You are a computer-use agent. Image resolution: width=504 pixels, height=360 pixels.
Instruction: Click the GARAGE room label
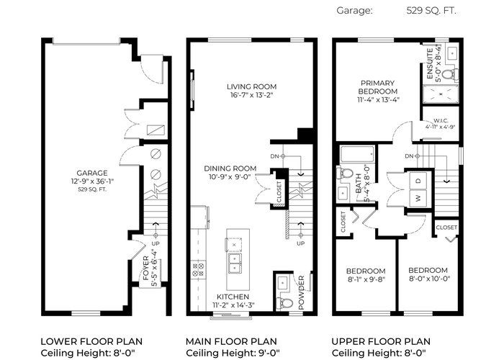[x=92, y=174]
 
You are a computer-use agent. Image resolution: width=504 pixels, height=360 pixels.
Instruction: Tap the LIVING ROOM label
[x=252, y=87]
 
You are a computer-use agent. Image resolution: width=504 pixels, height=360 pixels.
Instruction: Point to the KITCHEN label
[x=233, y=297]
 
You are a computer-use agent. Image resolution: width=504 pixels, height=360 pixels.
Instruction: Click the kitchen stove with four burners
[x=198, y=270]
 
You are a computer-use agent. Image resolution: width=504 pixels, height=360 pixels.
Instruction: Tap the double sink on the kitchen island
[x=235, y=263]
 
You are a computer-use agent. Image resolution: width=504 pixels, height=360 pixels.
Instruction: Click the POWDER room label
[x=301, y=292]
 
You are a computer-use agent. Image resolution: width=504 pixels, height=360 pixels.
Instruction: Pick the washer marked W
[x=418, y=198]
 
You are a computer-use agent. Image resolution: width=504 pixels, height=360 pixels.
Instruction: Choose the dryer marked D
[x=418, y=181]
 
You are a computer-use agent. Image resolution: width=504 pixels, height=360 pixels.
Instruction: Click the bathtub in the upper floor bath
[x=357, y=155]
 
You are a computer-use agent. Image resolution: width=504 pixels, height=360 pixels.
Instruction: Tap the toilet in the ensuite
[x=450, y=74]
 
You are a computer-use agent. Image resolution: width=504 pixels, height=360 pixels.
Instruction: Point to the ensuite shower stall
[x=441, y=94]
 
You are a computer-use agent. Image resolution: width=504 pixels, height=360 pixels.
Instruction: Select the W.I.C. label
[x=441, y=120]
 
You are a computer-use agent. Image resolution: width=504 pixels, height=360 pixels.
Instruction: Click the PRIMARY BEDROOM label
[x=378, y=87]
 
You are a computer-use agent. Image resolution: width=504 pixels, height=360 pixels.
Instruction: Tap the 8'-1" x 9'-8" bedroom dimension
[x=366, y=279]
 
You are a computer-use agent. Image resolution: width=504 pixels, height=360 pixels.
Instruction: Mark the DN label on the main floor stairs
[x=274, y=156]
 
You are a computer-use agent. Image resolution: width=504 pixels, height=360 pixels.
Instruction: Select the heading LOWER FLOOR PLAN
[x=91, y=341]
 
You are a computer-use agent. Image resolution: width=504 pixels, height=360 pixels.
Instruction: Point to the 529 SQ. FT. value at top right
[x=431, y=11]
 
